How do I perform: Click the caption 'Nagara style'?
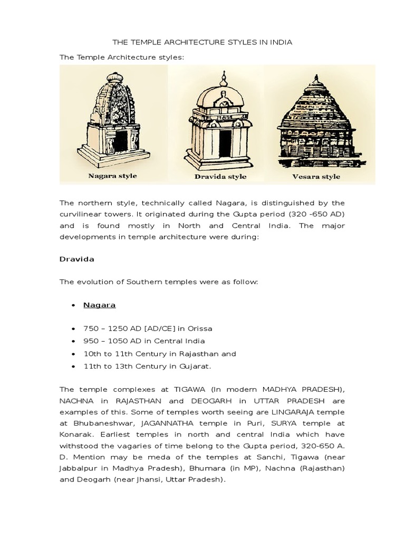point(112,176)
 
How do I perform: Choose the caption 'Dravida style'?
point(221,176)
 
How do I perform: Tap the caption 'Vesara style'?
point(316,176)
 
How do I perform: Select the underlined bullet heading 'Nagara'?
point(99,305)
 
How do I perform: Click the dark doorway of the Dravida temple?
point(225,143)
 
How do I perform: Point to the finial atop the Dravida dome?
point(223,79)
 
